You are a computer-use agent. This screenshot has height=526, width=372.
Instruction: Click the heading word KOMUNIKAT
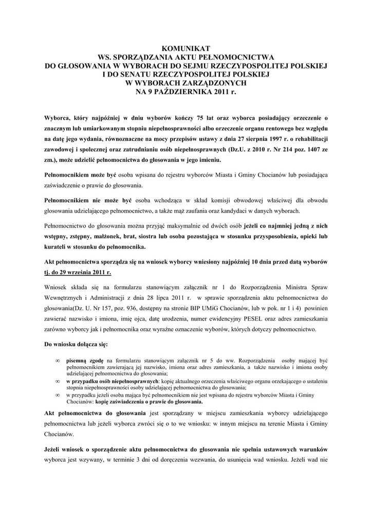pyautogui.click(x=186, y=48)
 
